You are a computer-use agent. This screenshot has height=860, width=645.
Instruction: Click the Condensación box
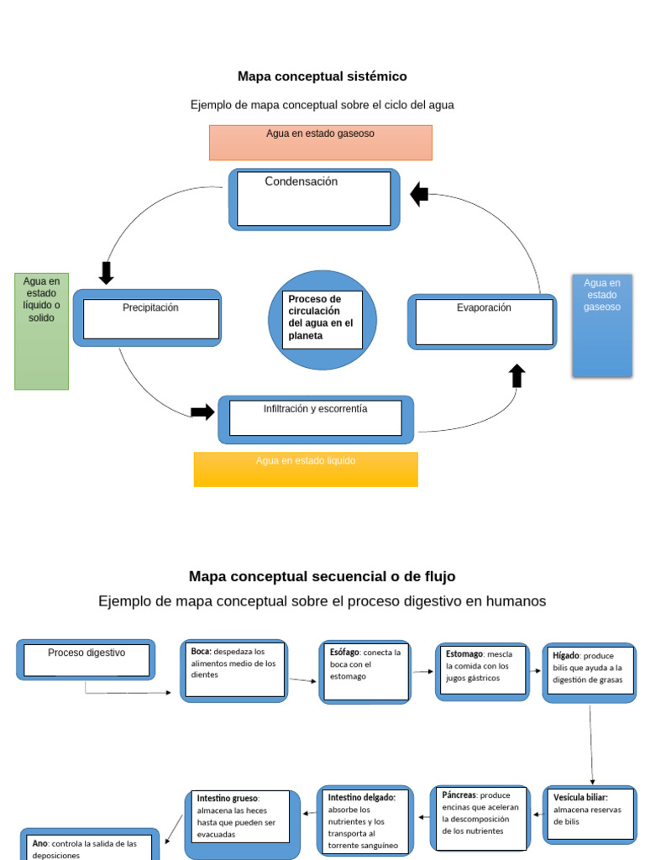[x=314, y=199]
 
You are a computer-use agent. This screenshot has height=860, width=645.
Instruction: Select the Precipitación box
[x=148, y=318]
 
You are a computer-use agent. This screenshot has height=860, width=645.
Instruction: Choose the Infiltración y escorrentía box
[x=316, y=419]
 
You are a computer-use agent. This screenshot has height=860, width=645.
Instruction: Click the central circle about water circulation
[x=322, y=319]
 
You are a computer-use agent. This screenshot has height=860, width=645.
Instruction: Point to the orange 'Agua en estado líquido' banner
[x=306, y=469]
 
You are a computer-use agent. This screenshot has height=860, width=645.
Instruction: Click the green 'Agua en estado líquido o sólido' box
[x=41, y=331]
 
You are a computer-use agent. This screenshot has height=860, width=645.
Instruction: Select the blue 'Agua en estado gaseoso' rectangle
[x=601, y=325]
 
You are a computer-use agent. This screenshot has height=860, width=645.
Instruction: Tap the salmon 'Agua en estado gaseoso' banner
[x=320, y=142]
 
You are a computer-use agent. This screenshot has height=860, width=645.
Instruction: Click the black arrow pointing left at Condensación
[x=419, y=194]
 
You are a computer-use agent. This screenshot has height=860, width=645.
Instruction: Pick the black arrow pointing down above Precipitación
[x=106, y=273]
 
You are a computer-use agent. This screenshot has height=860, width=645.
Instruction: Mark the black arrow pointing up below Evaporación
[x=517, y=375]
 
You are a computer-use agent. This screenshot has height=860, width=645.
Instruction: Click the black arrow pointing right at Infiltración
[x=202, y=412]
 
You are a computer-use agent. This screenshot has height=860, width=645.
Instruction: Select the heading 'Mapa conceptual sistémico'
[x=322, y=76]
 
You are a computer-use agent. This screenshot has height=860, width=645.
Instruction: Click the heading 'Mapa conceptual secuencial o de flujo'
[x=322, y=576]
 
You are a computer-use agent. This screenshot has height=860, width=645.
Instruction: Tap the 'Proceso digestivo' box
[x=86, y=659]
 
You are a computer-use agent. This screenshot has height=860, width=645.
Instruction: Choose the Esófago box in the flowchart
[x=364, y=671]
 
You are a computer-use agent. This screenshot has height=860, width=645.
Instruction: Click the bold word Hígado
[x=566, y=655]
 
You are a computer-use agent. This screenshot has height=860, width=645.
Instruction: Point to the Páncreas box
[x=481, y=817]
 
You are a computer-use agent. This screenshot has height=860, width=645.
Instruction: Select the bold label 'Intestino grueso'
[x=228, y=798]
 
